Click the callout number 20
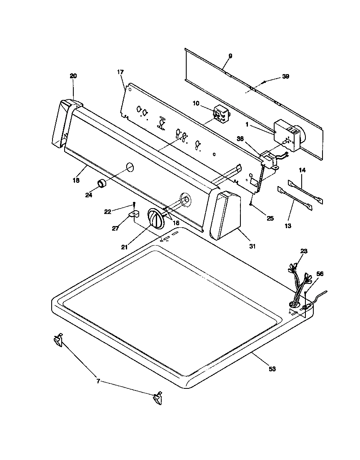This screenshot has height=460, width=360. (73, 76)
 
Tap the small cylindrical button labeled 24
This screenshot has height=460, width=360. (102, 184)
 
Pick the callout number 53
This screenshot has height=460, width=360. (272, 369)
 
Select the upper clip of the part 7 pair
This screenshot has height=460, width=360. (57, 341)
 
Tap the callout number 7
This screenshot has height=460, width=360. (98, 381)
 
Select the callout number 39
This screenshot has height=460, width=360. (285, 77)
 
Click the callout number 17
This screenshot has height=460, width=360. (120, 72)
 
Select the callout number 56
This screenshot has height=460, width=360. (320, 274)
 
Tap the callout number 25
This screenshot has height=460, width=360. (270, 218)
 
